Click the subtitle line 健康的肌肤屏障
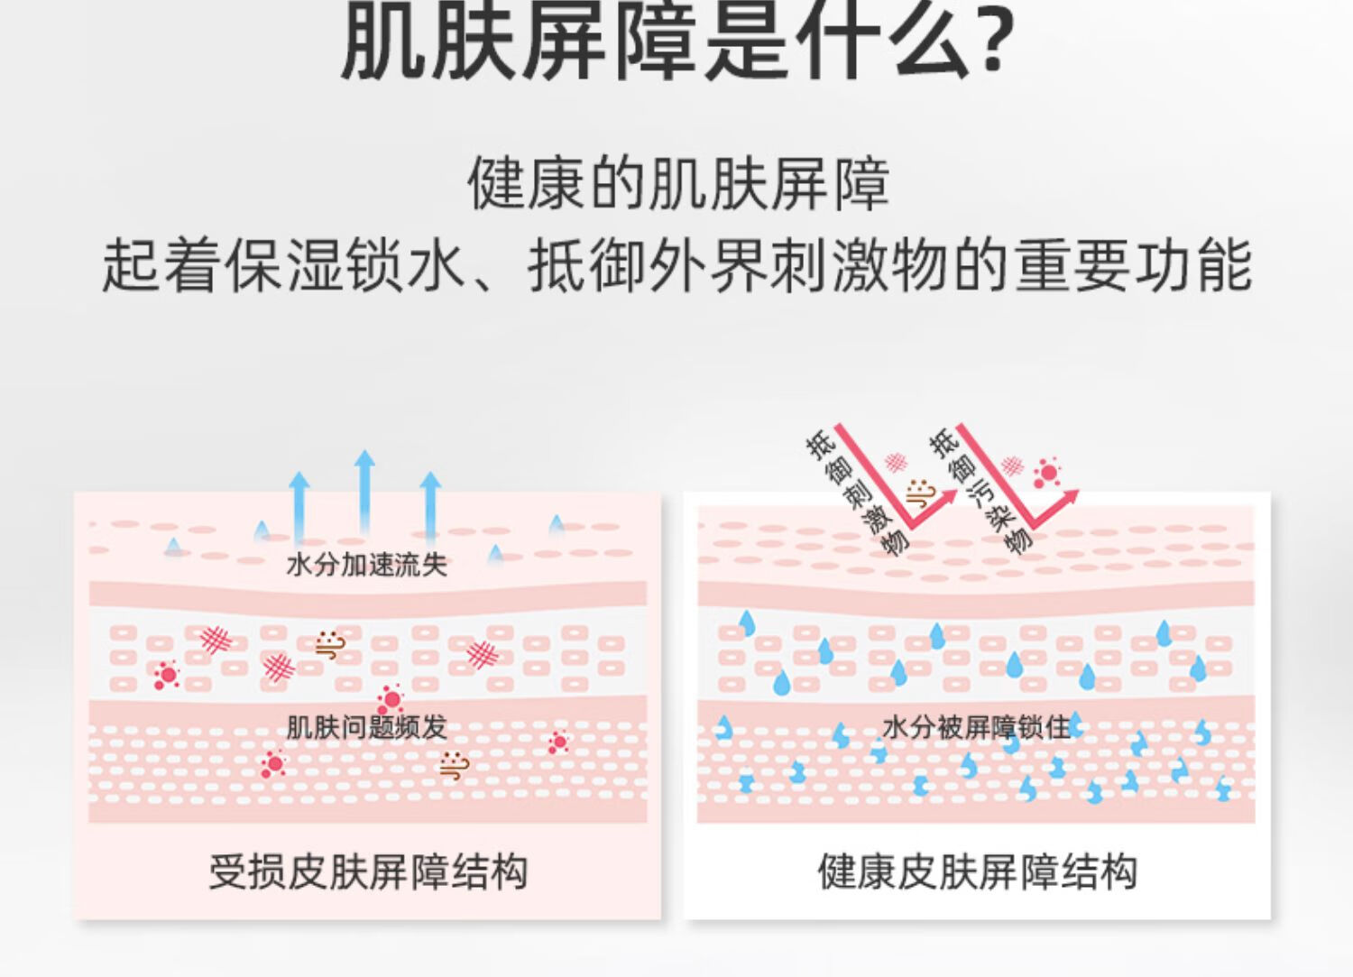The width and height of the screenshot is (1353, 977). pyautogui.click(x=677, y=183)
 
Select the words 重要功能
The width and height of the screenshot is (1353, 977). pyautogui.click(x=1133, y=265)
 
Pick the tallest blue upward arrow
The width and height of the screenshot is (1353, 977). pyautogui.click(x=364, y=492)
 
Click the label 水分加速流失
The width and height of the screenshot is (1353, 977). pyautogui.click(x=366, y=565)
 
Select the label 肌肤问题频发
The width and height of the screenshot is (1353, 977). pyautogui.click(x=366, y=727)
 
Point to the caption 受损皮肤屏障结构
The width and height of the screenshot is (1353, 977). pyautogui.click(x=368, y=871)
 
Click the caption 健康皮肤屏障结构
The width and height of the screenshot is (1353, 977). pyautogui.click(x=977, y=871)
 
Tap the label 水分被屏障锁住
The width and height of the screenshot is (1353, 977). pyautogui.click(x=976, y=727)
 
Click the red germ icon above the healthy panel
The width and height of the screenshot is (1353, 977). pyautogui.click(x=1046, y=472)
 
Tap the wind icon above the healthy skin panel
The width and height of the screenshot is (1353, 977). pyautogui.click(x=920, y=493)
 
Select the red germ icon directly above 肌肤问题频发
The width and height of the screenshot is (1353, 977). pyautogui.click(x=391, y=698)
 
